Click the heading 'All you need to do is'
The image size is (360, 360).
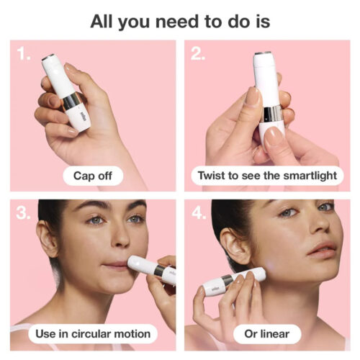[180, 21]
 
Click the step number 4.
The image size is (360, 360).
[198, 214]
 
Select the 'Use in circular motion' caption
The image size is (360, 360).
[93, 333]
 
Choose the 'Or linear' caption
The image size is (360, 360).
[267, 333]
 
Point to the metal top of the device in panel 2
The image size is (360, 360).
[264, 53]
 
